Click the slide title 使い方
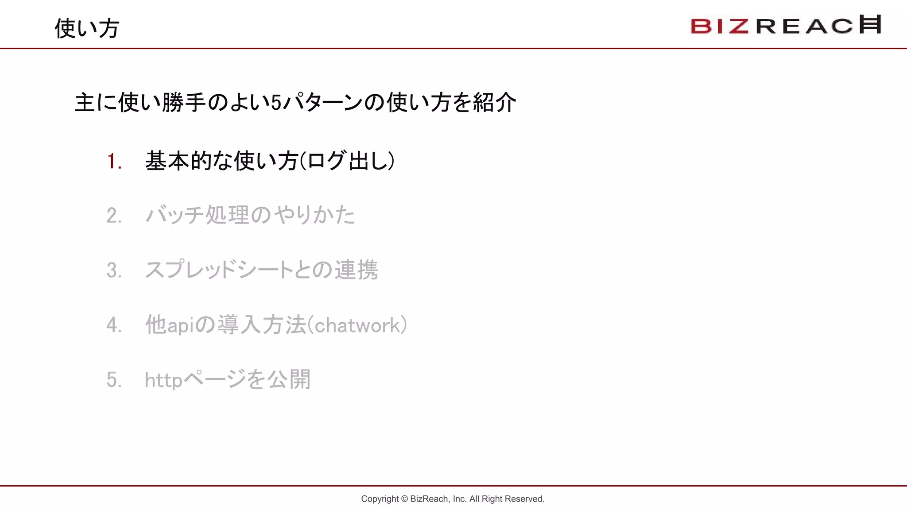coord(87,28)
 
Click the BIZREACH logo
coord(786,25)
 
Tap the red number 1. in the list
coord(114,161)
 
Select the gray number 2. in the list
coord(114,216)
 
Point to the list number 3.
coord(114,270)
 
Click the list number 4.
coord(114,325)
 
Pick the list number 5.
coord(114,380)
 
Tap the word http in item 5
coord(163,380)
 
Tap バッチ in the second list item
coord(174,216)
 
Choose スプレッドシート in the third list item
coord(219,270)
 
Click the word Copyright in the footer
coord(380,499)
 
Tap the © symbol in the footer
coord(404,499)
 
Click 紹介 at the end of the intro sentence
coord(494,103)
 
